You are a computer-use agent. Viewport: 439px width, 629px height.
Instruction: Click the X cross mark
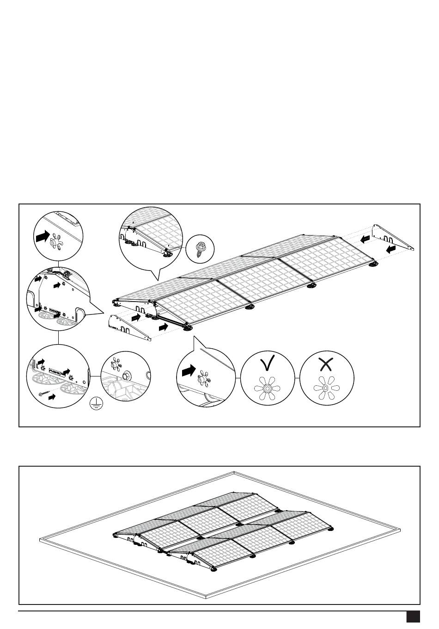pyautogui.click(x=326, y=364)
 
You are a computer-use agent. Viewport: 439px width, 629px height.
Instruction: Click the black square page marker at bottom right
pyautogui.click(x=413, y=617)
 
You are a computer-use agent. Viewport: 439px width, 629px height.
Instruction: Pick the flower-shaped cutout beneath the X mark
pyautogui.click(x=326, y=388)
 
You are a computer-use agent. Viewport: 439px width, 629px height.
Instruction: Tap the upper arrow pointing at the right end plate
pyautogui.click(x=365, y=239)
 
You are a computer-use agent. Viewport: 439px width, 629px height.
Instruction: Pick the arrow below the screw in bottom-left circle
pyautogui.click(x=53, y=397)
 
